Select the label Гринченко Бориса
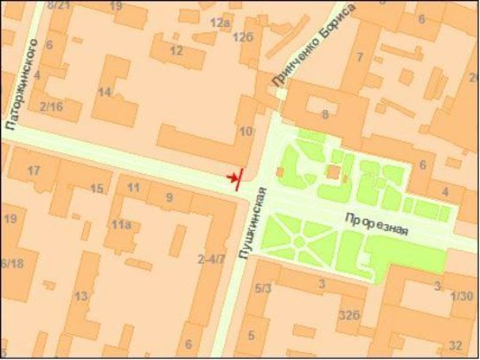pyautogui.click(x=313, y=46)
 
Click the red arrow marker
pyautogui.click(x=234, y=178)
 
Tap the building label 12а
pyautogui.click(x=221, y=22)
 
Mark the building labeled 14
pyautogui.click(x=105, y=92)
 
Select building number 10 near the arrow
pyautogui.click(x=246, y=131)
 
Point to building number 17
pyautogui.click(x=34, y=170)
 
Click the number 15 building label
pyautogui.click(x=97, y=189)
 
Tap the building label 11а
pyautogui.click(x=119, y=225)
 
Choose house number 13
pyautogui.click(x=80, y=297)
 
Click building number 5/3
pyautogui.click(x=264, y=287)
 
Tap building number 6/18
pyautogui.click(x=11, y=263)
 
